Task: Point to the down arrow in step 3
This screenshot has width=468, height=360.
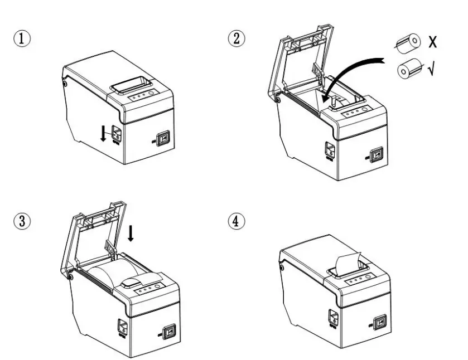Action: [131, 233]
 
